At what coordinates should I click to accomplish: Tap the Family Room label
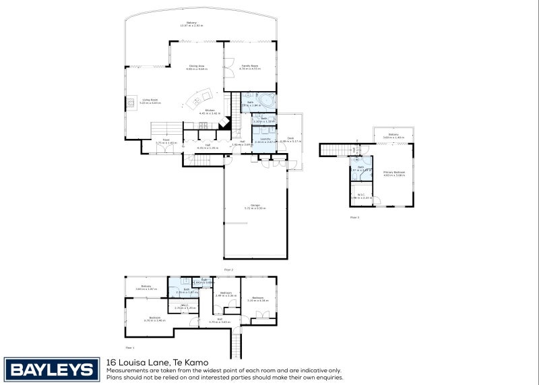(x=251, y=67)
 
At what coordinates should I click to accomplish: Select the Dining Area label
(x=196, y=67)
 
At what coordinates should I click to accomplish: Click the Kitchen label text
(x=210, y=112)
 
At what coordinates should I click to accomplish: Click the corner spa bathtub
(x=266, y=102)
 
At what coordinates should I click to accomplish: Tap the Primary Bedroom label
(x=394, y=173)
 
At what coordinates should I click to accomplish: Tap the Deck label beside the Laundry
(x=291, y=140)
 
